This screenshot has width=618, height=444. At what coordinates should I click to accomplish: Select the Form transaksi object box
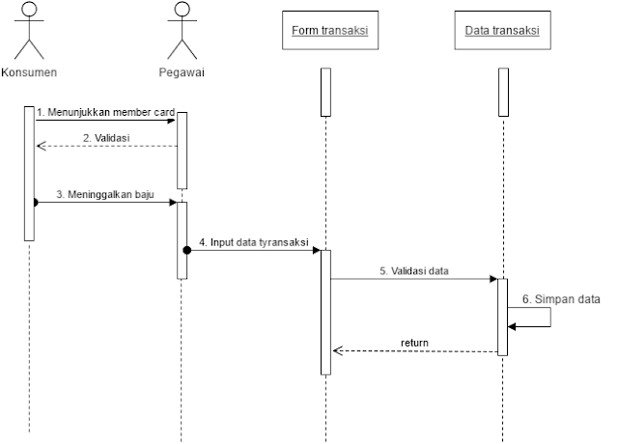pyautogui.click(x=329, y=32)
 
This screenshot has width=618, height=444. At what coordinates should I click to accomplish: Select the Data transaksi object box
pyautogui.click(x=502, y=32)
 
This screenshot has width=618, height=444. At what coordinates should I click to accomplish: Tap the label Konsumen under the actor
pyautogui.click(x=30, y=71)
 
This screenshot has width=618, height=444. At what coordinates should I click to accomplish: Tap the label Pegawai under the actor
pyautogui.click(x=182, y=71)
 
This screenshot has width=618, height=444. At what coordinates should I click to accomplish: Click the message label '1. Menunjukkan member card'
pyautogui.click(x=106, y=112)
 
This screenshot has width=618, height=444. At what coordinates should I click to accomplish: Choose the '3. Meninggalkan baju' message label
pyautogui.click(x=103, y=194)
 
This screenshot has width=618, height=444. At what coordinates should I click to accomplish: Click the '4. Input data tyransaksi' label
pyautogui.click(x=253, y=240)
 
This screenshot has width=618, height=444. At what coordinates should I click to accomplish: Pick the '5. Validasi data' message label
pyautogui.click(x=413, y=270)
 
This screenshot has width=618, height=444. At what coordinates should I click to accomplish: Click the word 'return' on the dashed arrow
pyautogui.click(x=415, y=343)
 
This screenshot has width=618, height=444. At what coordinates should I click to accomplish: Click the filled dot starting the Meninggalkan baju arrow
pyautogui.click(x=36, y=203)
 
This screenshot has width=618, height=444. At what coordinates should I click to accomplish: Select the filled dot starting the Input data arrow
pyautogui.click(x=186, y=250)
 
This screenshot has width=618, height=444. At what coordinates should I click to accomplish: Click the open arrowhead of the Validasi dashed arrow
pyautogui.click(x=40, y=147)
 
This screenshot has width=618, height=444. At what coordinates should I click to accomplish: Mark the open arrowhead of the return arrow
pyautogui.click(x=337, y=351)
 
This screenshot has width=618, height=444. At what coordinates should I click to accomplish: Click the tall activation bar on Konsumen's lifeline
pyautogui.click(x=29, y=174)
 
